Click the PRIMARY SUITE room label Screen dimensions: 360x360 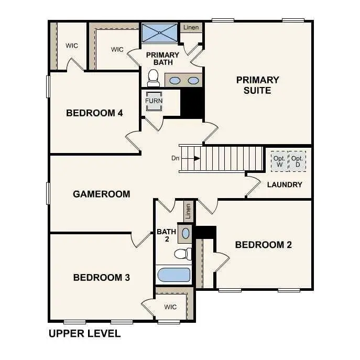pos(257,85)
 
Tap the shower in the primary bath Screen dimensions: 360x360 pos(159,33)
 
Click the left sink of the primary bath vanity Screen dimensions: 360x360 pos(176,81)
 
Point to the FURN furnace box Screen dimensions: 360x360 pos(154,101)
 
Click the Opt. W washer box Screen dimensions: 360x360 pos(279,161)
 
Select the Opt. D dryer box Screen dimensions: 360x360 pos(297,161)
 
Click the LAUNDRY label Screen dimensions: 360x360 pos(285,184)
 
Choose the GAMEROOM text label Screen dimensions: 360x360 pos(101,194)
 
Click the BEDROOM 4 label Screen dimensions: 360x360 pos(94,113)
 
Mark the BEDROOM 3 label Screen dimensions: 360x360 pos(101,277)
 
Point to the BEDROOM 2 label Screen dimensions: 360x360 pos(263,245)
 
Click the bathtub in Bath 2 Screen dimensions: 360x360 pos(174,275)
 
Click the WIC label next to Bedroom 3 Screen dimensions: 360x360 pos(170,307)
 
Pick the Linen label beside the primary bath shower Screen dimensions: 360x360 pos(191,27)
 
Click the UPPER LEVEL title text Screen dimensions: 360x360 pos(84,333)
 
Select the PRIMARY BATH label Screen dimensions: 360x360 pos(162,59)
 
